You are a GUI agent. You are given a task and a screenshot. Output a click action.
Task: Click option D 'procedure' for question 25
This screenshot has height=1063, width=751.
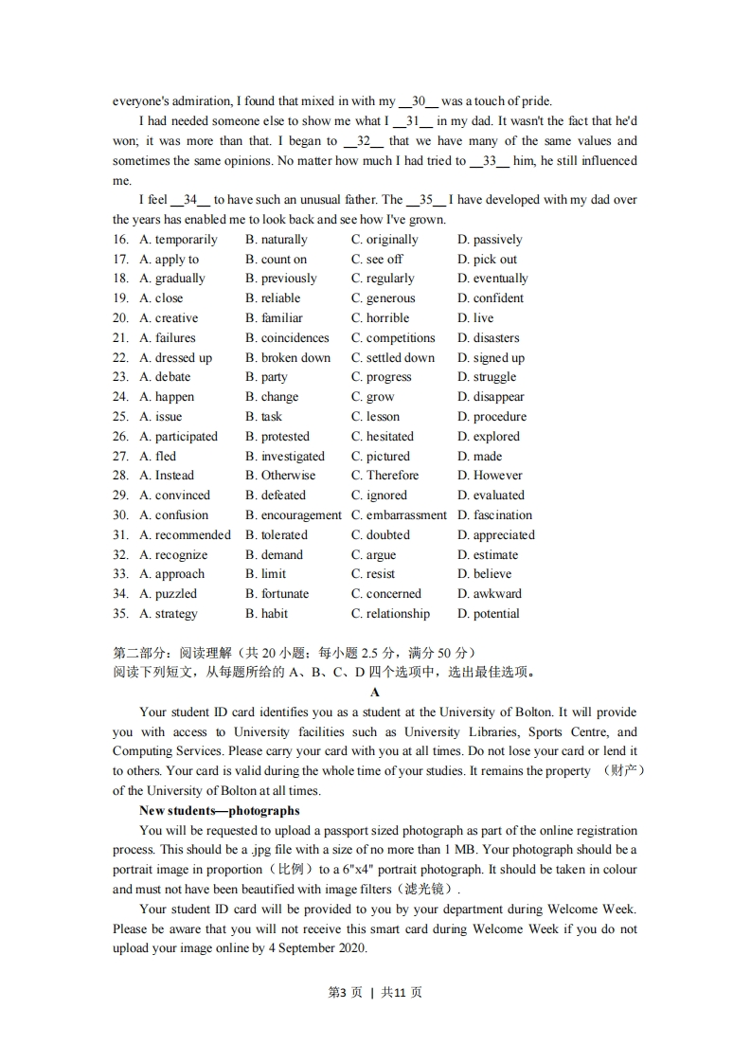pyautogui.click(x=492, y=417)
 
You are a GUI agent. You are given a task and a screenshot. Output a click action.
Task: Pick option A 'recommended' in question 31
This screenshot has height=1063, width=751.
pyautogui.click(x=185, y=535)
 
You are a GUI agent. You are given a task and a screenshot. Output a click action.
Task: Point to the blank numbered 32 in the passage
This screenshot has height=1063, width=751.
pyautogui.click(x=363, y=141)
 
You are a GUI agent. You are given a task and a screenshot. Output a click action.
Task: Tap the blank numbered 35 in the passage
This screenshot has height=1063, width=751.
pyautogui.click(x=425, y=200)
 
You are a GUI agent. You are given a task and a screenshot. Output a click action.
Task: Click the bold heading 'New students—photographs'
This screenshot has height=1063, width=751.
pyautogui.click(x=219, y=811)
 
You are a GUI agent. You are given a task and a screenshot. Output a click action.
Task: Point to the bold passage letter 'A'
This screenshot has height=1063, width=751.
pyautogui.click(x=375, y=693)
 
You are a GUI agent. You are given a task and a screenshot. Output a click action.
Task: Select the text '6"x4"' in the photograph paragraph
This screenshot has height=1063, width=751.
pyautogui.click(x=367, y=870)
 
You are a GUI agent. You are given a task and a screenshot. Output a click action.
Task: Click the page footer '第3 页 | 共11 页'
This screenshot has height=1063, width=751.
pyautogui.click(x=375, y=993)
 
